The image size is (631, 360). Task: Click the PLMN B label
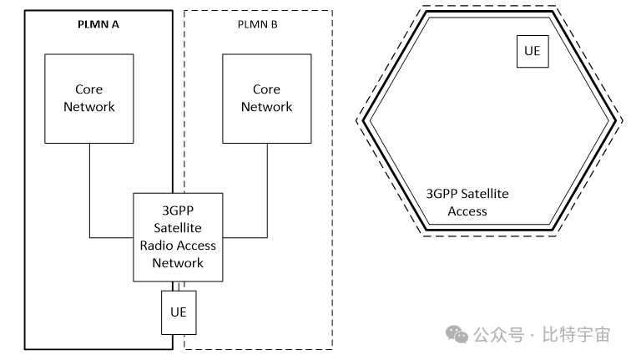tap(257, 24)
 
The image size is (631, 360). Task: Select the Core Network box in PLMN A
tap(89, 98)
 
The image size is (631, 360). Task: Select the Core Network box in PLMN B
tap(266, 98)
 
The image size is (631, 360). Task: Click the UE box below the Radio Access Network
tap(178, 312)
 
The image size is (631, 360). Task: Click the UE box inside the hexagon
tap(533, 50)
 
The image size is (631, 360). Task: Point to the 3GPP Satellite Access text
tap(467, 202)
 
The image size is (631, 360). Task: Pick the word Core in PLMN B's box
tap(266, 89)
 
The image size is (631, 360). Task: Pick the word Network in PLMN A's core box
tap(89, 107)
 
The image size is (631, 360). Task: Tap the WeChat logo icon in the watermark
tap(457, 334)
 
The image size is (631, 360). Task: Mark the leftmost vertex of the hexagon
tap(359, 121)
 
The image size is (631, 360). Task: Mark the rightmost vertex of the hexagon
tap(623, 121)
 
